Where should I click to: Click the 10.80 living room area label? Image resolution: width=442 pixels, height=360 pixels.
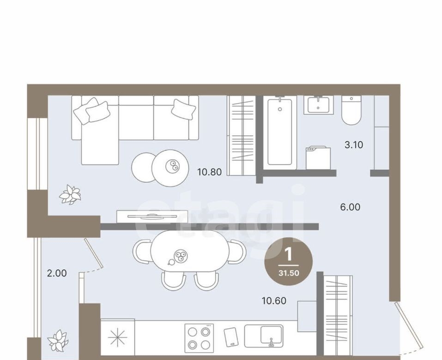pos(209,172)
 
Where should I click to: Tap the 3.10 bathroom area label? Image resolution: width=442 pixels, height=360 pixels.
pos(354,145)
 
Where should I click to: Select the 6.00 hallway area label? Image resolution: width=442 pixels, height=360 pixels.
pos(350,207)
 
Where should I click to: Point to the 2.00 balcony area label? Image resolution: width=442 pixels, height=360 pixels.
pos(57,273)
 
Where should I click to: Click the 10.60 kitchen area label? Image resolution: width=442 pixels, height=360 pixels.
pos(274,300)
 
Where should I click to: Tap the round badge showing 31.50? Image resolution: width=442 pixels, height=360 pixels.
pos(288,261)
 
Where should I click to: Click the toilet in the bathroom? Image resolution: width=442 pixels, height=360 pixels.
pos(351,110)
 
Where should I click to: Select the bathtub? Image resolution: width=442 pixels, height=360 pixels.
pos(279,132)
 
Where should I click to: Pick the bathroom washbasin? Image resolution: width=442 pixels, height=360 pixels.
pos(319,105)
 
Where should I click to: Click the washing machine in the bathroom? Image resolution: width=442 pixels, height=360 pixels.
pos(318,158)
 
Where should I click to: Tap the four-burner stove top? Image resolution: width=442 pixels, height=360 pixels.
pos(199,338)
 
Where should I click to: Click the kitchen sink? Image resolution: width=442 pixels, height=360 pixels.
pos(264,336)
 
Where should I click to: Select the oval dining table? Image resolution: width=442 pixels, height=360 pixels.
pos(190,251)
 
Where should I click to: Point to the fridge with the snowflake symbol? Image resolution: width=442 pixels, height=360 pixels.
pos(118,337)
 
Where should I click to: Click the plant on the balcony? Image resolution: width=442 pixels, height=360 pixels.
pos(58,341)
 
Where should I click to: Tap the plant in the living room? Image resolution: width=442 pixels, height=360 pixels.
pos(70,194)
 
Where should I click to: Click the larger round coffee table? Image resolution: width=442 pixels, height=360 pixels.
pos(170,168)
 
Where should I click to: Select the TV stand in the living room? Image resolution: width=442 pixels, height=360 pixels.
pos(152,216)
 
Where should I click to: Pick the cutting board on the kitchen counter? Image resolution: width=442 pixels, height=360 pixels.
pos(231,337)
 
